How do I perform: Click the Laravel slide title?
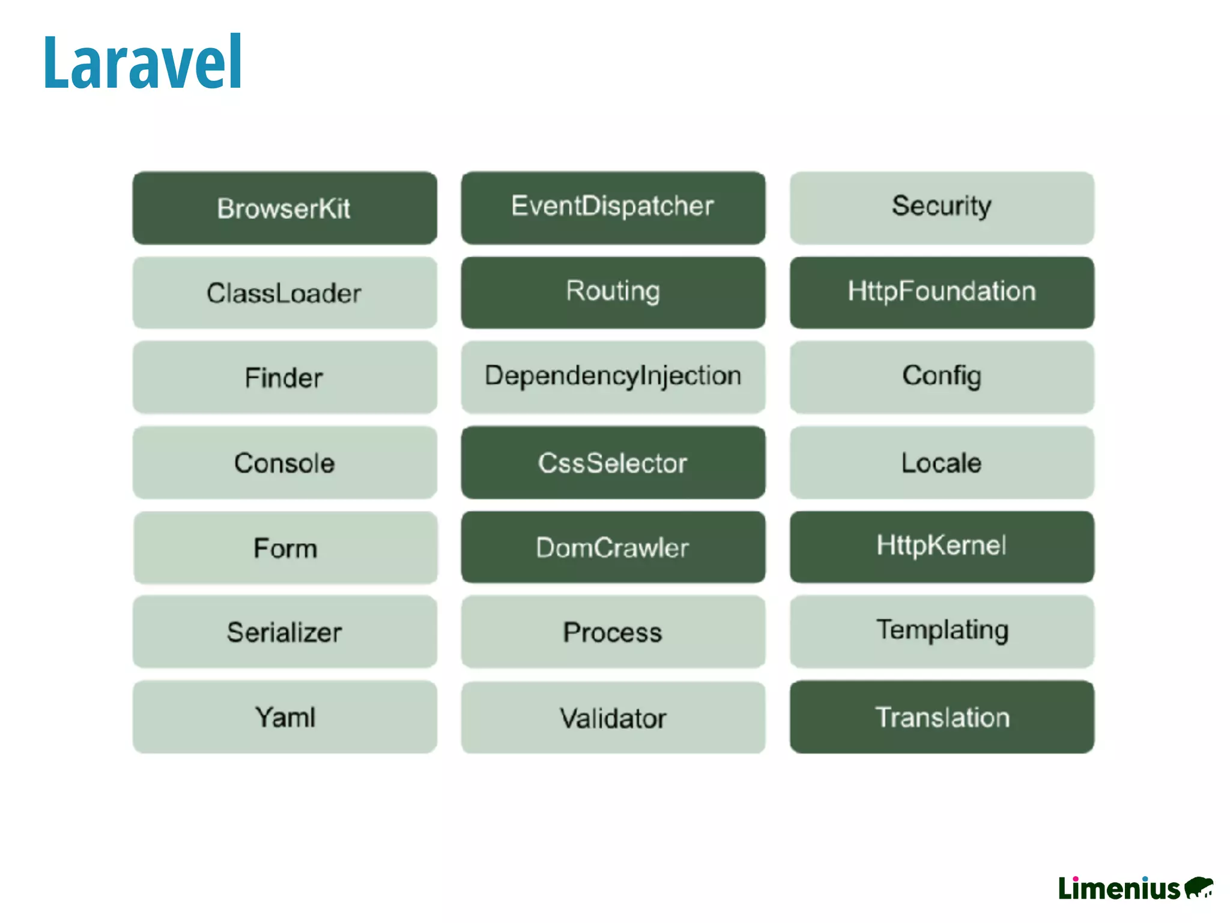[x=142, y=62]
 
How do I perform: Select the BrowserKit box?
[x=285, y=208]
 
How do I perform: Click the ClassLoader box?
[x=285, y=293]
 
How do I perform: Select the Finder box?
[x=285, y=377]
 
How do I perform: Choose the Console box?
[x=285, y=462]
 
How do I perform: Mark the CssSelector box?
[x=613, y=462]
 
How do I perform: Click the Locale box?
[x=941, y=462]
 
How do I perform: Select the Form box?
[x=285, y=547]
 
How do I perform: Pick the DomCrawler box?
[x=613, y=547]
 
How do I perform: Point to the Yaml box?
[x=285, y=717]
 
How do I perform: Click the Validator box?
[x=613, y=717]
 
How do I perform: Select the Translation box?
[x=941, y=717]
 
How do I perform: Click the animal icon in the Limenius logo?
[x=1199, y=887]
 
